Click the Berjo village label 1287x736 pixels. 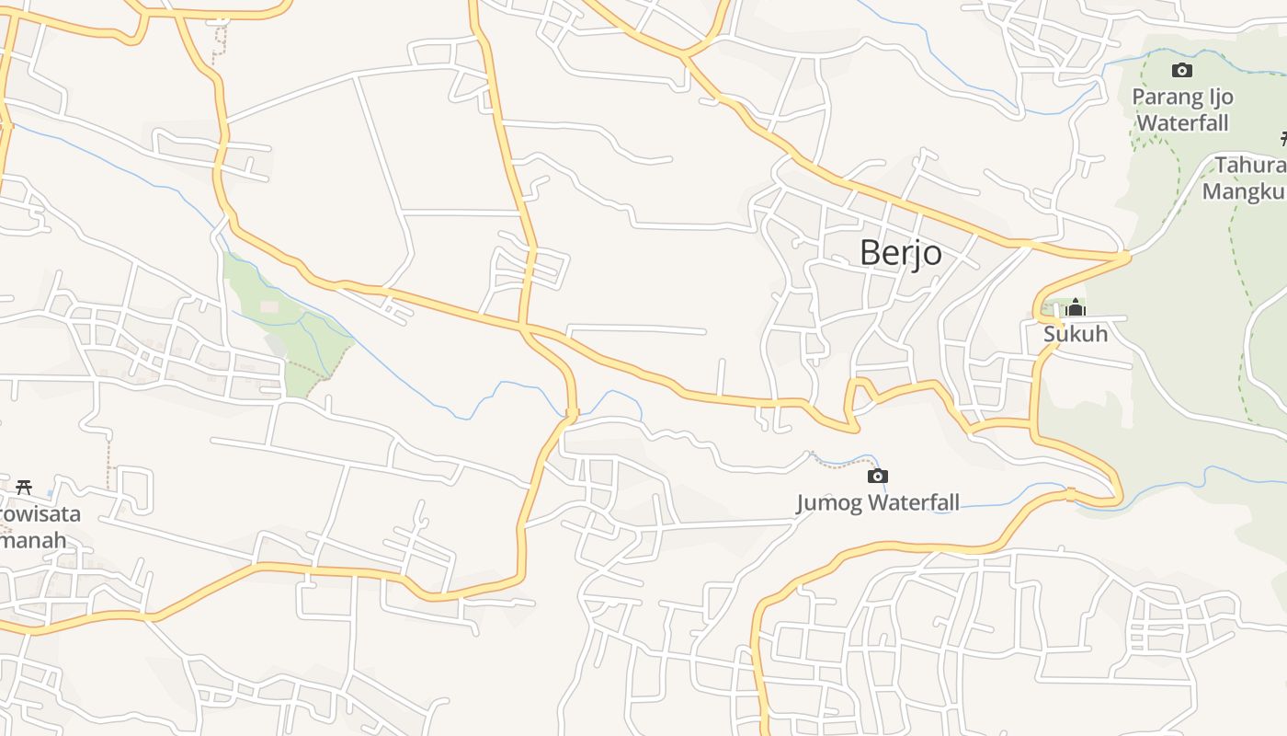pyautogui.click(x=900, y=252)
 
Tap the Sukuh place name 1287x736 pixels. pyautogui.click(x=1075, y=334)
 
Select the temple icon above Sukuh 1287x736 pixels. pyautogui.click(x=1075, y=308)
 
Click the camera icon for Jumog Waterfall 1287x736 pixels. pyautogui.click(x=878, y=476)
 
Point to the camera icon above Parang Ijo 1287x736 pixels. pyautogui.click(x=1182, y=70)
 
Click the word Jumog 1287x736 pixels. pyautogui.click(x=830, y=502)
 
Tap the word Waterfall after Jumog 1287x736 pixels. pyautogui.click(x=914, y=502)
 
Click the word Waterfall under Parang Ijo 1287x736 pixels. pyautogui.click(x=1182, y=122)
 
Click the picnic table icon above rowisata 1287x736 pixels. pyautogui.click(x=24, y=487)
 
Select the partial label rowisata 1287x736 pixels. pyautogui.click(x=40, y=513)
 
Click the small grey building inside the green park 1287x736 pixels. pyautogui.click(x=269, y=305)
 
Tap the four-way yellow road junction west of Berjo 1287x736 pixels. pyautogui.click(x=524, y=326)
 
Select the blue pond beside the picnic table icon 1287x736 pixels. pyautogui.click(x=51, y=492)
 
